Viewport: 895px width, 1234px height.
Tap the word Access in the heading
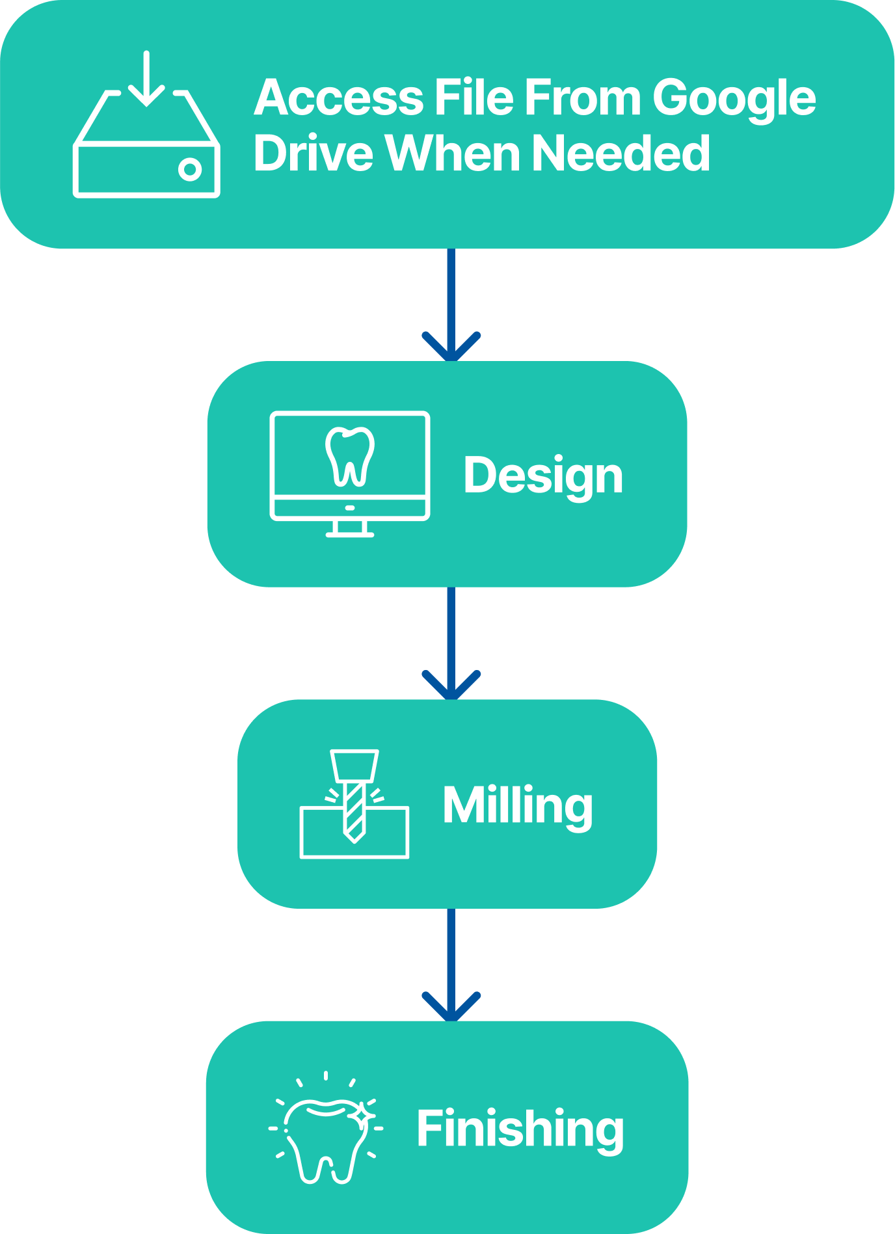[338, 98]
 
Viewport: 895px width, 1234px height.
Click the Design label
[543, 476]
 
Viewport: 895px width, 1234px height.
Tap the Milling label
[518, 805]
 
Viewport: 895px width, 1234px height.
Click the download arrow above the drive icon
[146, 79]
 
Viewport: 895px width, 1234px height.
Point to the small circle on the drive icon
[190, 170]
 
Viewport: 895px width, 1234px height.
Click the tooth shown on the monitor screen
[350, 456]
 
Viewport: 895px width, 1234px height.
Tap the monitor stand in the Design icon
[350, 529]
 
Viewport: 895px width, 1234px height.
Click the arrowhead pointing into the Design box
[451, 348]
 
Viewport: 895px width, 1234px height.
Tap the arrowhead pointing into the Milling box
[451, 686]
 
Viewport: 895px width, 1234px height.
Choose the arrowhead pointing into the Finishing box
[451, 1008]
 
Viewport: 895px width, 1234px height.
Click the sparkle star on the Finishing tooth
[362, 1116]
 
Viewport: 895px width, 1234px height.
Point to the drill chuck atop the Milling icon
[354, 766]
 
